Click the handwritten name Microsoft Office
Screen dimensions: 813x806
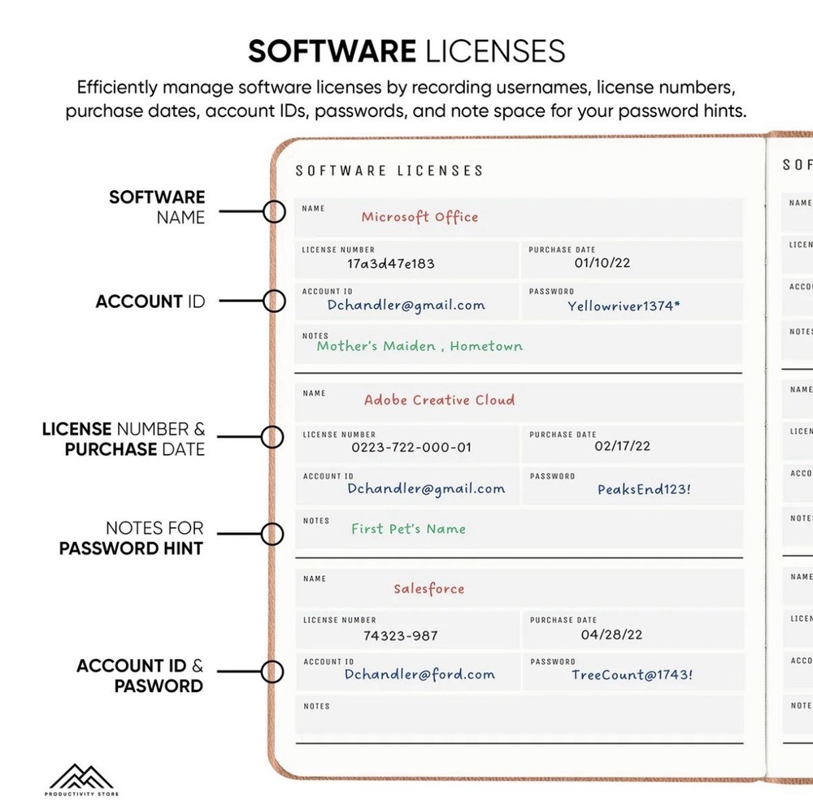tap(420, 217)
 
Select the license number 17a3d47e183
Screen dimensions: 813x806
tap(390, 264)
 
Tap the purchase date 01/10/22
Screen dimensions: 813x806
tap(602, 262)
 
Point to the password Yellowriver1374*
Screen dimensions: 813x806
tap(624, 305)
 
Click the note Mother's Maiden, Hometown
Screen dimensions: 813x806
tap(420, 346)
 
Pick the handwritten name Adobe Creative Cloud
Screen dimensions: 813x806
tap(439, 400)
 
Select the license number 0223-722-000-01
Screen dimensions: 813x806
tap(411, 448)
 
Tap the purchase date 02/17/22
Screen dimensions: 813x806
tap(622, 446)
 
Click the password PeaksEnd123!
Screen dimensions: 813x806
tap(644, 489)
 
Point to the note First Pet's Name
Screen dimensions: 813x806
tap(408, 529)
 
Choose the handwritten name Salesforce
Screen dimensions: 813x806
tap(428, 588)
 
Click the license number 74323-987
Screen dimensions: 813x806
tap(400, 635)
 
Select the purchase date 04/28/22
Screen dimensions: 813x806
tap(611, 635)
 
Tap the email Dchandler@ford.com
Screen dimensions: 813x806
tap(420, 674)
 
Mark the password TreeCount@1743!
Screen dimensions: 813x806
tap(632, 674)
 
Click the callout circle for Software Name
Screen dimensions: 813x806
tap(273, 211)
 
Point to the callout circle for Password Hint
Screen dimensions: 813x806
tap(272, 534)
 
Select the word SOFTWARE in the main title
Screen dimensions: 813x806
tap(332, 51)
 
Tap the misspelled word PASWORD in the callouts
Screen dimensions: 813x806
tap(159, 686)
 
